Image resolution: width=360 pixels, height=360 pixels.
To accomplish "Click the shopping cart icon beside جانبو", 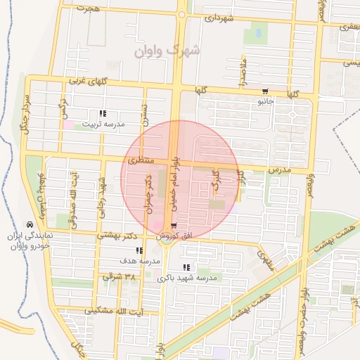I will tap(265, 91).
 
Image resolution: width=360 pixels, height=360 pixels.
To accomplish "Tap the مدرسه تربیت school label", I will tap(103, 124).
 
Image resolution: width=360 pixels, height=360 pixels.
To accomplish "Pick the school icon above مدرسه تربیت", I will tap(103, 113).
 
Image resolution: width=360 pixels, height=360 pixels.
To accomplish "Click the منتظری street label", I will tap(139, 161).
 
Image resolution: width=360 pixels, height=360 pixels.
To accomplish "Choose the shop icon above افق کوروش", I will tap(173, 226).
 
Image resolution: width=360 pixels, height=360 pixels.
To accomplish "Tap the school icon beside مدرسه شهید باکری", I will tap(186, 267).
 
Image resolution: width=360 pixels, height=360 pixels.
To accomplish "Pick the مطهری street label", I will tap(264, 262).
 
